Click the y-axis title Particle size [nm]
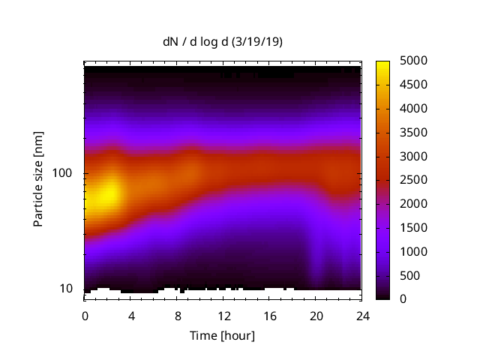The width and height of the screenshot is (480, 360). (x=38, y=180)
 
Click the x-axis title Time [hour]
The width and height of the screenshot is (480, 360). (x=223, y=335)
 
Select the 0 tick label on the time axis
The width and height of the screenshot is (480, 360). (x=85, y=316)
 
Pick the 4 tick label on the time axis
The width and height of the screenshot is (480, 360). (x=131, y=316)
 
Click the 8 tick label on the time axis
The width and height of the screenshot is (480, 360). (x=177, y=316)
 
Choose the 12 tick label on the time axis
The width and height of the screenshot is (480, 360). (x=223, y=316)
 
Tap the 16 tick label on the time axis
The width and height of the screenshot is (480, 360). (x=269, y=316)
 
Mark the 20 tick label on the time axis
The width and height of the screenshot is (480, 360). (x=316, y=316)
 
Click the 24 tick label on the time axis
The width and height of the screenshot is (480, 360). (x=361, y=316)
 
